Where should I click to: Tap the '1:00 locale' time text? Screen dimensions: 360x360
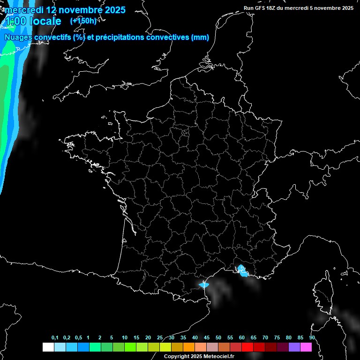click(33, 21)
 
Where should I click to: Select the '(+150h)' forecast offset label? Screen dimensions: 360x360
click(83, 21)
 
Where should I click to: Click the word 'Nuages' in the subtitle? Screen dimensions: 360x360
click(19, 37)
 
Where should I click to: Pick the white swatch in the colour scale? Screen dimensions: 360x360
click(48, 347)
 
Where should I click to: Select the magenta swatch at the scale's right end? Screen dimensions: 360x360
click(306, 347)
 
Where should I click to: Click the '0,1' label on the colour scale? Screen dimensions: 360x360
click(55, 338)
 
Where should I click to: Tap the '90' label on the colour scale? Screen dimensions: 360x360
click(312, 338)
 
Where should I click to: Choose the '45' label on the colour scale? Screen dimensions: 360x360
click(207, 338)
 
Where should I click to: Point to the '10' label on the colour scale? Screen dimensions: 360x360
click(124, 338)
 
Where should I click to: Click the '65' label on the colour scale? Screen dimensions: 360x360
click(254, 338)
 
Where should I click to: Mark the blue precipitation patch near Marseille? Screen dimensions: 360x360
click(242, 270)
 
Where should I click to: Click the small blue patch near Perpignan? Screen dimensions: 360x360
click(203, 284)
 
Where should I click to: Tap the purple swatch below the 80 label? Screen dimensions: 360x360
click(294, 347)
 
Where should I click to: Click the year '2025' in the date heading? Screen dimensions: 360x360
click(113, 10)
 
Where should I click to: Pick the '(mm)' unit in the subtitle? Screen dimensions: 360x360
click(200, 37)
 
